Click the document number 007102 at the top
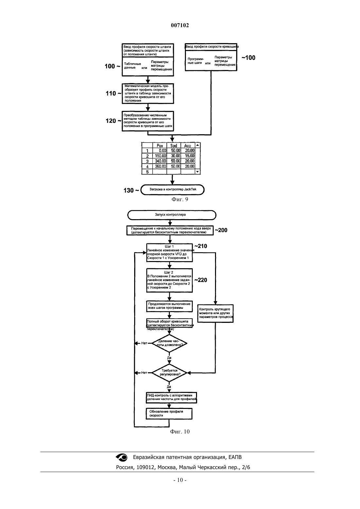point(180,25)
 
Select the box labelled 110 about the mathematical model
point(148,94)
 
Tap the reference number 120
point(111,121)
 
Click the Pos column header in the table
point(160,146)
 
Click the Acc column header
point(188,146)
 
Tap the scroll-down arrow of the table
point(197,172)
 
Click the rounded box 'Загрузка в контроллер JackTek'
point(172,189)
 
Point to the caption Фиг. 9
point(180,199)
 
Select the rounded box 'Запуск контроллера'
point(171,215)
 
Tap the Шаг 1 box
point(169,253)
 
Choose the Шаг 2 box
point(169,280)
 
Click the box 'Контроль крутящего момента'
point(215,313)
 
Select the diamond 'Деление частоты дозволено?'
point(169,343)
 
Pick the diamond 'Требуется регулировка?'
point(169,373)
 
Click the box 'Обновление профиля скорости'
point(169,413)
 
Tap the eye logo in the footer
point(122,457)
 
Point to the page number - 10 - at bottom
point(180,480)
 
